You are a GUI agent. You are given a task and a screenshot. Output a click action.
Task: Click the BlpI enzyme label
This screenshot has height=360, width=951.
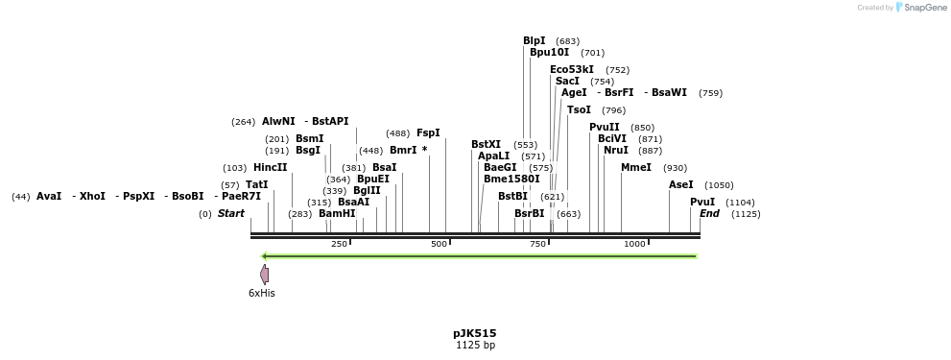pyautogui.click(x=535, y=40)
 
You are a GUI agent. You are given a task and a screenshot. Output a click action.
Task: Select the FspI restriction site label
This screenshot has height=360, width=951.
pyautogui.click(x=428, y=133)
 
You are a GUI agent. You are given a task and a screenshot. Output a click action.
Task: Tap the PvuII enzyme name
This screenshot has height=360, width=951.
pyautogui.click(x=605, y=127)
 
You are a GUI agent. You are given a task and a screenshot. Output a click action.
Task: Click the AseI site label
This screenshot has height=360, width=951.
pyautogui.click(x=680, y=184)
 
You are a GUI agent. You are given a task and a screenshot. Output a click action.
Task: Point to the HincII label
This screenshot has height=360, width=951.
pyautogui.click(x=270, y=167)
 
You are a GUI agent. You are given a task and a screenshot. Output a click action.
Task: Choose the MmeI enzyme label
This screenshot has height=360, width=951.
pyautogui.click(x=636, y=167)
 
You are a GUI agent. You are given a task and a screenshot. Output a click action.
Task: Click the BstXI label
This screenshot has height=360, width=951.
pyautogui.click(x=486, y=144)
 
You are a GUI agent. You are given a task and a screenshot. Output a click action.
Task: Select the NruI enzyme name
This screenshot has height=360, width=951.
pyautogui.click(x=616, y=150)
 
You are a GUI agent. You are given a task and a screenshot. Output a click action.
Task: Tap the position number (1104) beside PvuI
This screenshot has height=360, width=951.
pyautogui.click(x=740, y=203)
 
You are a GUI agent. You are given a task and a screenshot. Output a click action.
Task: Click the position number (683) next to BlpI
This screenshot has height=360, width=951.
pyautogui.click(x=567, y=41)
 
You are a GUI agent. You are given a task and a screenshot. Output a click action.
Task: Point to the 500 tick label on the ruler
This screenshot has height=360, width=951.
pyautogui.click(x=440, y=244)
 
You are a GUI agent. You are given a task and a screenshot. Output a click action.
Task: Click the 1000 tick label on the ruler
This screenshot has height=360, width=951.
pyautogui.click(x=635, y=244)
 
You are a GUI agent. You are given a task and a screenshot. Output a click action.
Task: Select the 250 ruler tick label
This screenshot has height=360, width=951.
pyautogui.click(x=339, y=244)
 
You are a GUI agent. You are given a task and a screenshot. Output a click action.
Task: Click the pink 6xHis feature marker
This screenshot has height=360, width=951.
pyautogui.click(x=264, y=275)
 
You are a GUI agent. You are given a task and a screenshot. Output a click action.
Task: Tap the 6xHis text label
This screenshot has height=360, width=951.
pyautogui.click(x=262, y=293)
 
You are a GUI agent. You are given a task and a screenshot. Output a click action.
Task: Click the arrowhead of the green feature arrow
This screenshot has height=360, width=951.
pyautogui.click(x=265, y=256)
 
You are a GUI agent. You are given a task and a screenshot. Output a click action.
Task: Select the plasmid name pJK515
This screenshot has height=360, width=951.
pyautogui.click(x=475, y=333)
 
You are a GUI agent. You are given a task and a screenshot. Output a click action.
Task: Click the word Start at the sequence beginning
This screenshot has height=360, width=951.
pyautogui.click(x=231, y=213)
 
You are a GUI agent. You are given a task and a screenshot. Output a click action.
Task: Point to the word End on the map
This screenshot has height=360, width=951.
pyautogui.click(x=709, y=213)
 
